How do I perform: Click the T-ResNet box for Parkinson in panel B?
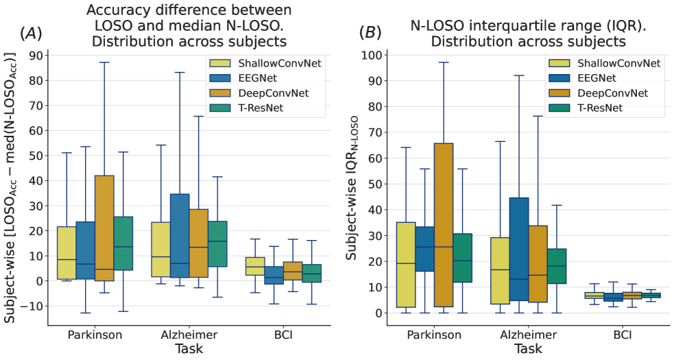[463, 258]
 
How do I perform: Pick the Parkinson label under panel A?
[95, 335]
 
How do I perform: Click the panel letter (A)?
[31, 32]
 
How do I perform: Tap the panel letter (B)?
[370, 32]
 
